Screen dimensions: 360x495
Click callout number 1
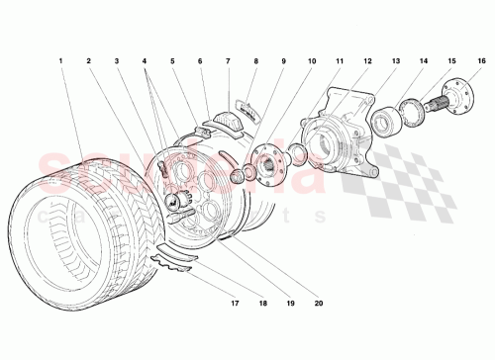(60, 61)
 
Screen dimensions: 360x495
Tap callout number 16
(482, 61)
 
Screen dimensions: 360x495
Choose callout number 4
(146, 61)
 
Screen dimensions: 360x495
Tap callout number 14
(426, 61)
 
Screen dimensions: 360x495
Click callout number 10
(313, 61)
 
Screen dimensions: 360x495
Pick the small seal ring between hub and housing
(294, 154)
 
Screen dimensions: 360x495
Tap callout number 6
(201, 61)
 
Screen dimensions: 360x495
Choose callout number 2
(88, 61)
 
